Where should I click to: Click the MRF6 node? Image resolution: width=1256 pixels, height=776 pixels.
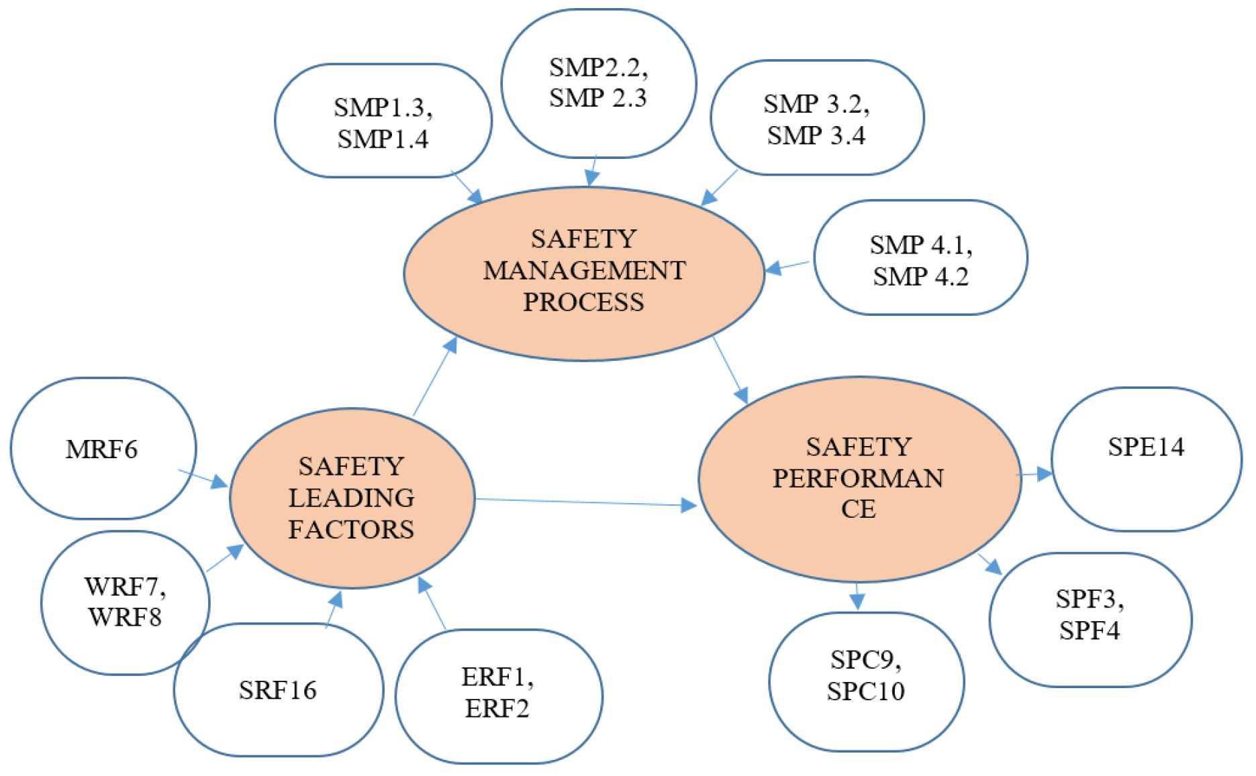coord(103,449)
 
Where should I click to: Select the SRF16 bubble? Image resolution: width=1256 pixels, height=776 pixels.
coord(278,690)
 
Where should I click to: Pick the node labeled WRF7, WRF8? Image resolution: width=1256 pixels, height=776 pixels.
coord(126,602)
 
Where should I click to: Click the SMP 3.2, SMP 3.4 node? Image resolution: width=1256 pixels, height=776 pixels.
coord(816,119)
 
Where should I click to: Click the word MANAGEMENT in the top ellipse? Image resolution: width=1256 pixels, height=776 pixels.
coord(584,271)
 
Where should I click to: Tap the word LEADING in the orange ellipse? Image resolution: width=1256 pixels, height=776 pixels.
coord(351,498)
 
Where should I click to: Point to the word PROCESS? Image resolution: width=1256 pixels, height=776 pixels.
coord(583,302)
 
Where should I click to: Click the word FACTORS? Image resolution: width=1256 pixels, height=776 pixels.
coord(351,530)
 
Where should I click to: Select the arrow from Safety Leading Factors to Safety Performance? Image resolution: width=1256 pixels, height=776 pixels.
coord(584,502)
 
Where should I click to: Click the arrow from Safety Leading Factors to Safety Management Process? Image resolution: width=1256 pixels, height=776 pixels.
coord(434,377)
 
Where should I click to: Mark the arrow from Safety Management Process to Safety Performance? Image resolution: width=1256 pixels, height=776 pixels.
coord(730,370)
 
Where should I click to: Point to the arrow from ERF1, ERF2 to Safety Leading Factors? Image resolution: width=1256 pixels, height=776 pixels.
coord(432,604)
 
